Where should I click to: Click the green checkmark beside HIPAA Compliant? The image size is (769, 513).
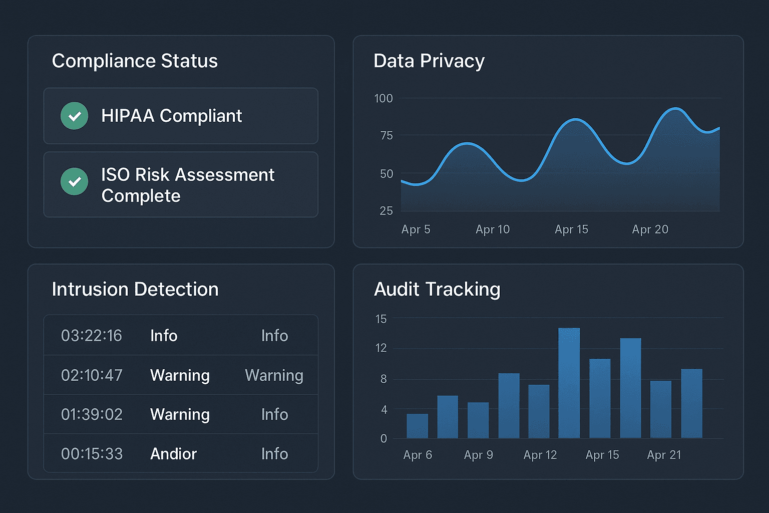coord(75,116)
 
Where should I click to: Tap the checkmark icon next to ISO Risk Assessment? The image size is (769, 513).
coord(75,181)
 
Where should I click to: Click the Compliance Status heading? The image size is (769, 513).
coord(135,61)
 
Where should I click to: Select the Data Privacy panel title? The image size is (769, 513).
coord(429,61)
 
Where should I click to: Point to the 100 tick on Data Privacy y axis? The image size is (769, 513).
coord(383,99)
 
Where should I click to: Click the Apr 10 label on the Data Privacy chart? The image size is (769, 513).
coord(492,229)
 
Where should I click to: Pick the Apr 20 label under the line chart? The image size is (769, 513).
coord(650,229)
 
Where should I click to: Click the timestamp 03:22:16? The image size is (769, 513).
coord(92,336)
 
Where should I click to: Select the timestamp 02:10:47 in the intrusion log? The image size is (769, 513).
coord(92,375)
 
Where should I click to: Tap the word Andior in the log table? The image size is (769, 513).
coord(173,454)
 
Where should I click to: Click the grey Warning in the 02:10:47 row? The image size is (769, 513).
coord(274,375)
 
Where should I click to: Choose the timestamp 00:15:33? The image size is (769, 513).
coord(92,454)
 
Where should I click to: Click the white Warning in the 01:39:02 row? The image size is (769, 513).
coord(180,415)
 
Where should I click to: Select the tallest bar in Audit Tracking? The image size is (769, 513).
coord(569,383)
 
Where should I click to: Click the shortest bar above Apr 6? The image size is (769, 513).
coord(417,426)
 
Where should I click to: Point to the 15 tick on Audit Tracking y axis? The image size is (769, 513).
coord(381,319)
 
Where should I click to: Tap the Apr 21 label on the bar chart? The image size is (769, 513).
coord(664,455)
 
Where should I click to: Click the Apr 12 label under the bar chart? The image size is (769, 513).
coord(540,455)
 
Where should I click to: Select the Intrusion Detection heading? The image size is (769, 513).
coord(135,290)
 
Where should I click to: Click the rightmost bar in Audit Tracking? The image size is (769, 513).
coord(691,403)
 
